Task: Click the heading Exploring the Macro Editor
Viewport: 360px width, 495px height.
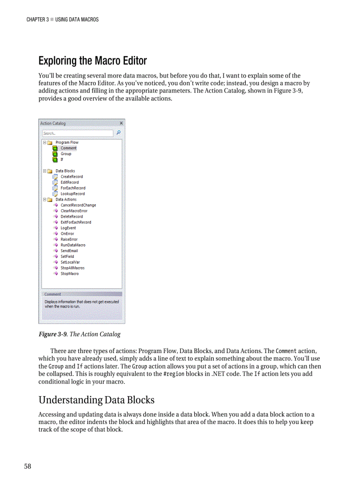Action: pos(92,60)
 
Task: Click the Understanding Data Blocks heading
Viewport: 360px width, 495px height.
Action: pos(96,400)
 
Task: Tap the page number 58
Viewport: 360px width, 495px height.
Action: pos(27,466)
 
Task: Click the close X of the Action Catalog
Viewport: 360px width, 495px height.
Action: pos(121,123)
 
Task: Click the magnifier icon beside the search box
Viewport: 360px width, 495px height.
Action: pos(118,133)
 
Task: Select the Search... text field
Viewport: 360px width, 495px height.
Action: pos(78,133)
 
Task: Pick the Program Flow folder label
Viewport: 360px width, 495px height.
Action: pos(67,142)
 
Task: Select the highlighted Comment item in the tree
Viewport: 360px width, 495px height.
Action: pos(68,148)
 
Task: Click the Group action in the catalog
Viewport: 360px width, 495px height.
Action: pos(66,154)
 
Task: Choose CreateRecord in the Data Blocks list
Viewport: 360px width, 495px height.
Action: pos(71,177)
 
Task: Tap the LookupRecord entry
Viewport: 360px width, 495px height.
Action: pos(72,194)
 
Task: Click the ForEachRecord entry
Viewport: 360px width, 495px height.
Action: pos(73,188)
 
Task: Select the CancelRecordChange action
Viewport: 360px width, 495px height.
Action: pos(78,205)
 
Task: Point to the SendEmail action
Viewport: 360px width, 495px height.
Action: pos(69,251)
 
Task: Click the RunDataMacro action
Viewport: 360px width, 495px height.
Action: pos(73,245)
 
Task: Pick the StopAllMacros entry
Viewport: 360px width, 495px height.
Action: pos(72,268)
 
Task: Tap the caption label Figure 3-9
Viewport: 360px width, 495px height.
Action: pos(52,334)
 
